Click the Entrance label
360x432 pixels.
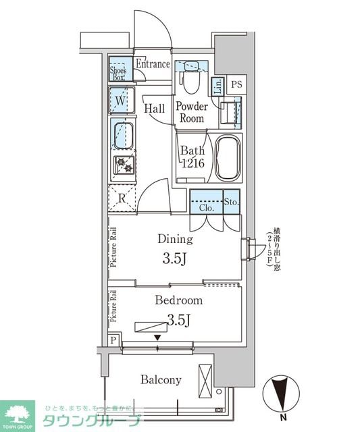[153, 64]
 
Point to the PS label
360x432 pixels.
[236, 84]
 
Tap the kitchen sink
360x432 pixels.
[122, 135]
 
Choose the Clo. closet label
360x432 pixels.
[207, 209]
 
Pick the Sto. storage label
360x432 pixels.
[231, 200]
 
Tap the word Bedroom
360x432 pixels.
[178, 300]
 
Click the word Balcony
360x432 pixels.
[161, 380]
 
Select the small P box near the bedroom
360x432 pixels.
[113, 340]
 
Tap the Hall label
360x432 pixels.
[155, 108]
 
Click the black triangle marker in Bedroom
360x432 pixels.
[157, 337]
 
